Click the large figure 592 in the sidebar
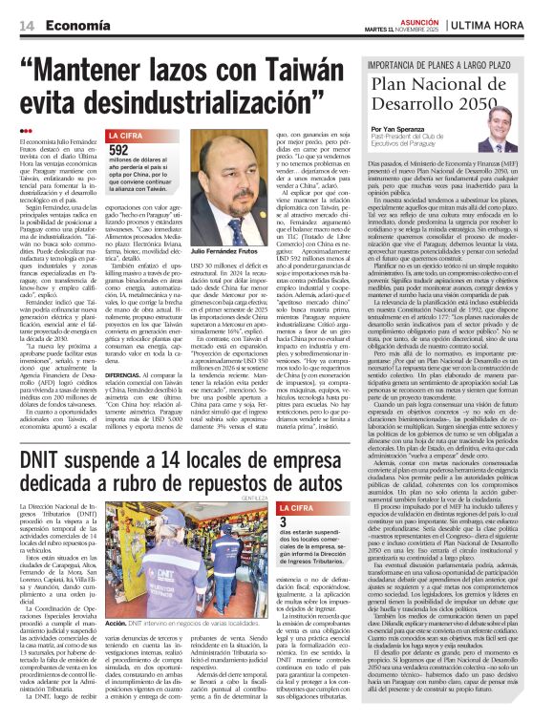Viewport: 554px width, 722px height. click(x=119, y=150)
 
